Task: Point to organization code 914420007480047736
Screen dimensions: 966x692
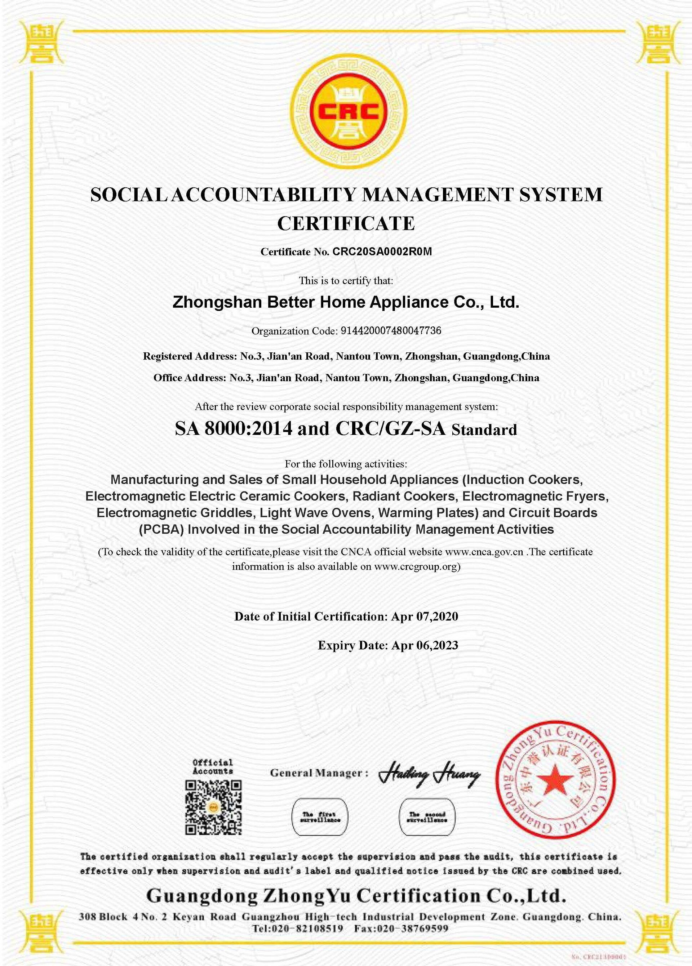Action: click(x=391, y=331)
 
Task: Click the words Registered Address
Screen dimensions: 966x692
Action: click(x=188, y=356)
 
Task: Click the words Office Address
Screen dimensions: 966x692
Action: click(x=189, y=378)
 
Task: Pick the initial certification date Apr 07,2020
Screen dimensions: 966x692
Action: click(x=425, y=616)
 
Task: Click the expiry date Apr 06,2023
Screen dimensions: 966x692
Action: click(x=425, y=645)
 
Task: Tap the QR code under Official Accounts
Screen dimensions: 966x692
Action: click(x=213, y=807)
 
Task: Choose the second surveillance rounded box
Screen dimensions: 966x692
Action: click(x=427, y=817)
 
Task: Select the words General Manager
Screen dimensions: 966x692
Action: click(x=316, y=773)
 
